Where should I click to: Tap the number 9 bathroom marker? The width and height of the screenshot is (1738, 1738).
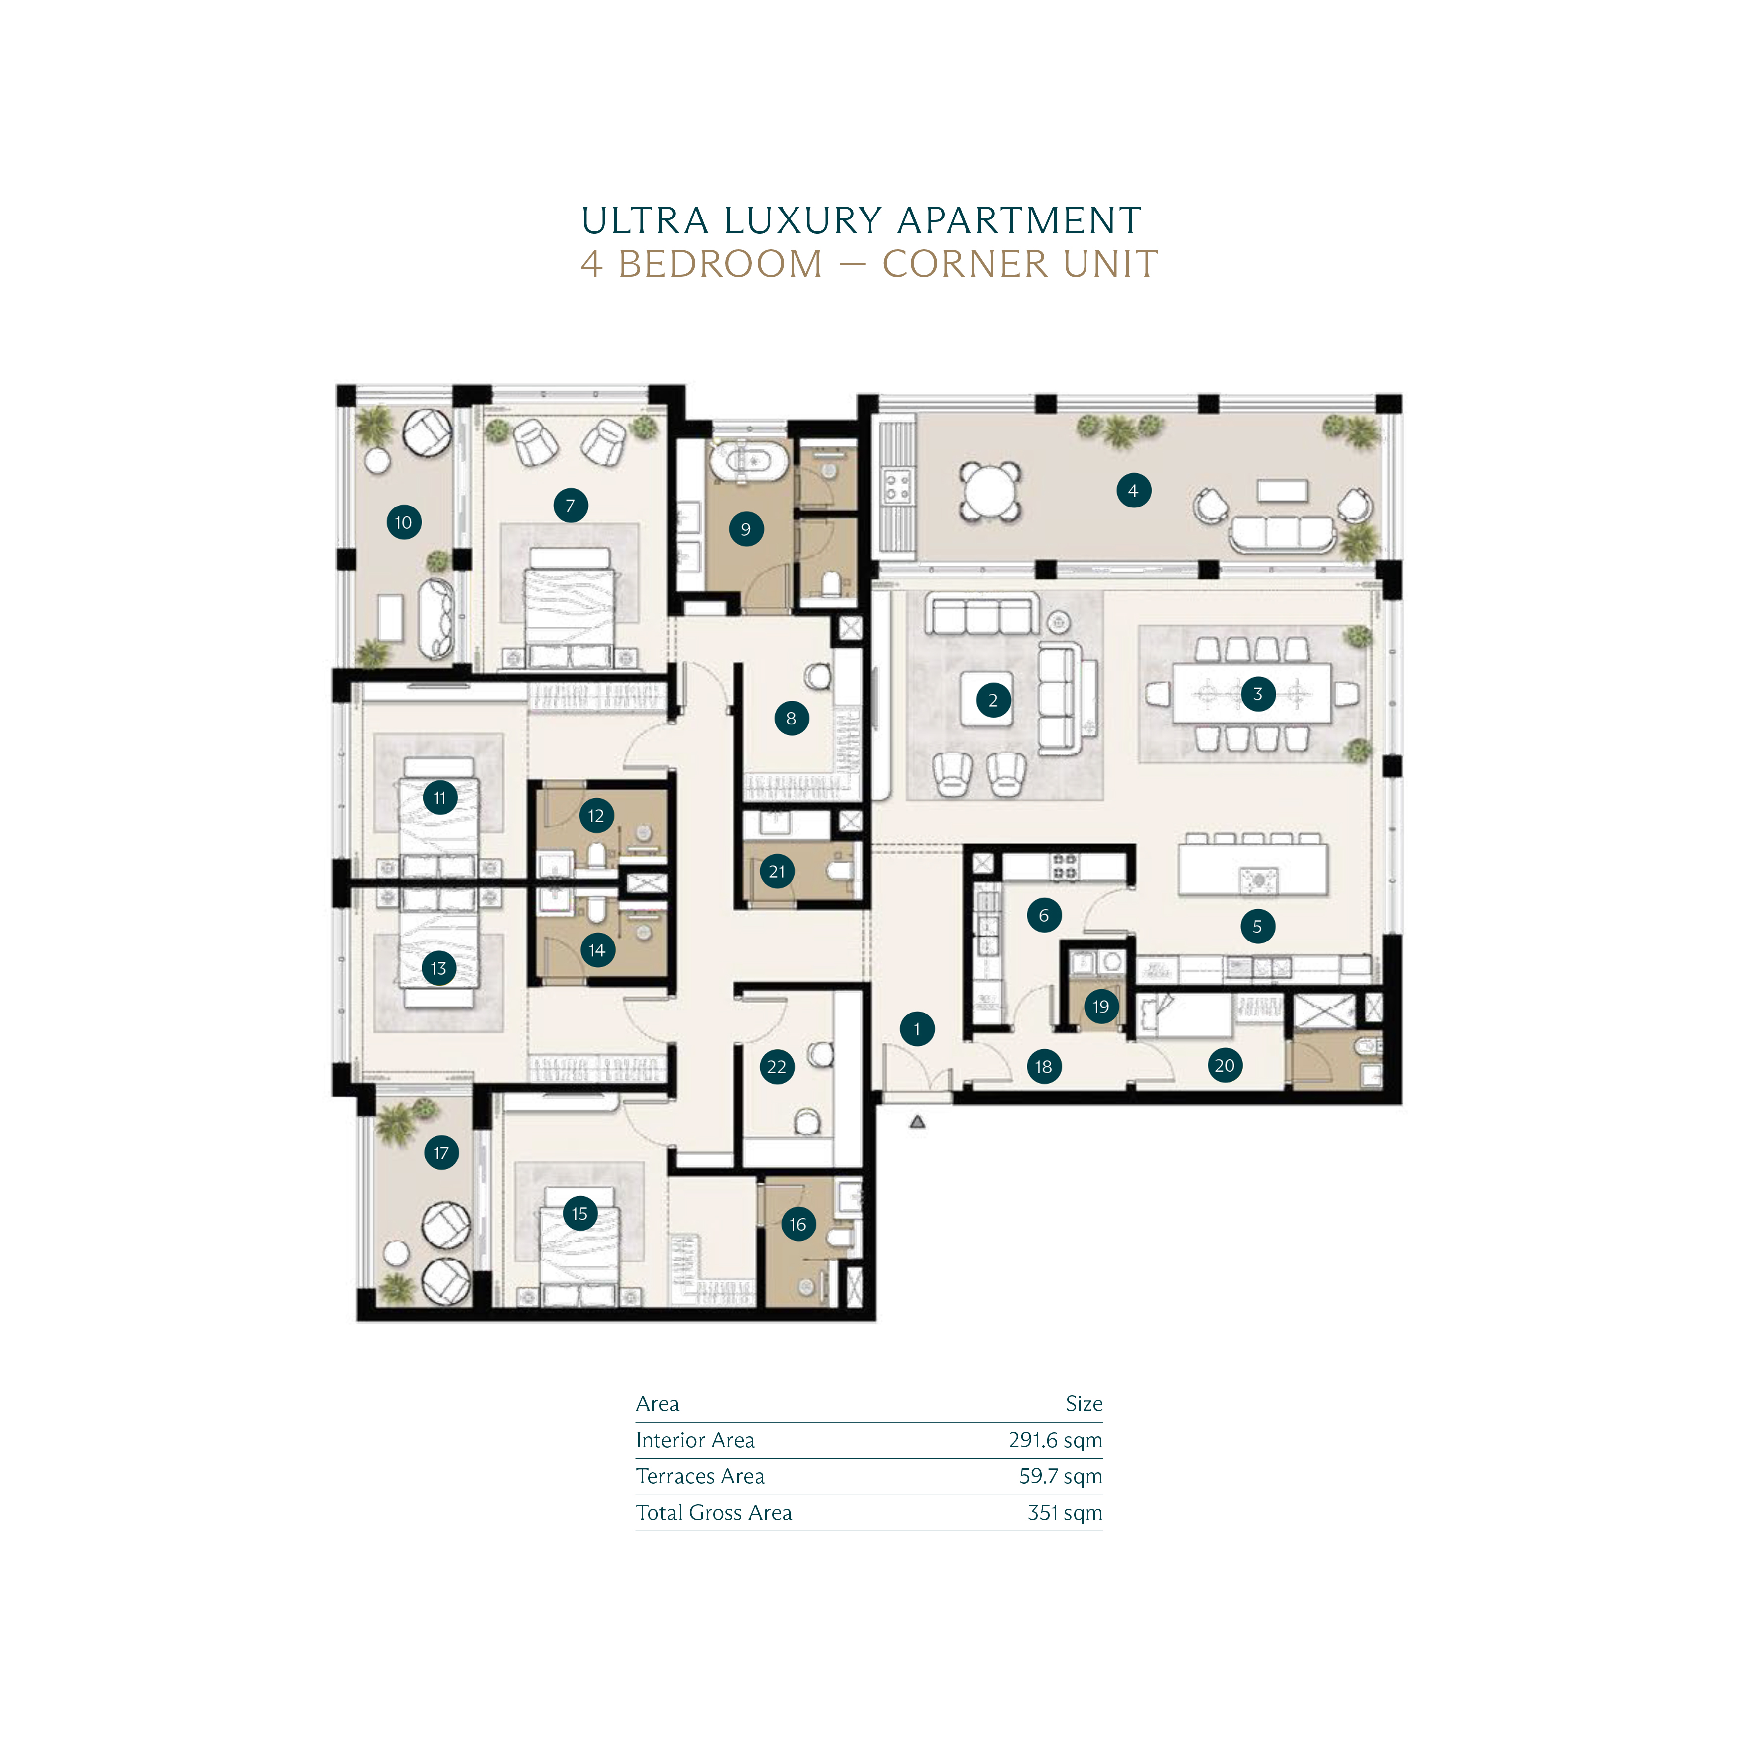(x=746, y=529)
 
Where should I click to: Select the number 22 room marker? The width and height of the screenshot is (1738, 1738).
(x=776, y=1067)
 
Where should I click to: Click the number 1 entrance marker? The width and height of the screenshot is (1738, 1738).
(x=917, y=1028)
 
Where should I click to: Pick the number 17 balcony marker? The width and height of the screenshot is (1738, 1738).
(x=441, y=1153)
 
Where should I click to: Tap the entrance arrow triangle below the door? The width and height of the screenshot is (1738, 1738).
(x=917, y=1122)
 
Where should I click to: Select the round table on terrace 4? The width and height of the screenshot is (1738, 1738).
(x=990, y=491)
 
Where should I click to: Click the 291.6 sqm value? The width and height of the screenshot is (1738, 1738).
(x=1055, y=1440)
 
